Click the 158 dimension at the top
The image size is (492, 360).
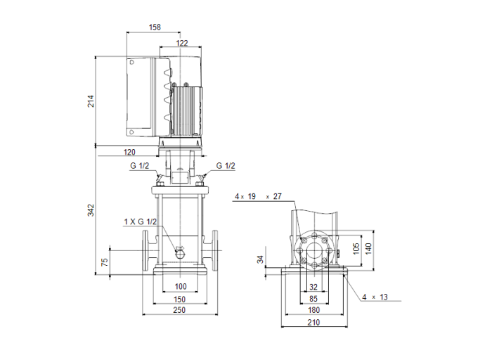(x=155, y=27)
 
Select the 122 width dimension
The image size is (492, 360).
(x=181, y=44)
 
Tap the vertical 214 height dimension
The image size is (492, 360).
(x=91, y=101)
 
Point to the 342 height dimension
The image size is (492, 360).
(x=91, y=210)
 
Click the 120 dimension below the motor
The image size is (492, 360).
(x=129, y=152)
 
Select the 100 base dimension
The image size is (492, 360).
(x=181, y=287)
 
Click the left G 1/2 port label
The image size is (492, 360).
(x=138, y=166)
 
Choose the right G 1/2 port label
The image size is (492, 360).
(x=225, y=166)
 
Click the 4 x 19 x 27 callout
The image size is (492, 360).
(x=257, y=197)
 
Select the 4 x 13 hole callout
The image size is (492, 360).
(x=375, y=297)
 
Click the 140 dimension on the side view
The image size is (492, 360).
(x=368, y=248)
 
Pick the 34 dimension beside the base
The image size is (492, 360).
(x=261, y=259)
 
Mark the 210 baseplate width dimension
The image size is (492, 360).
(x=313, y=323)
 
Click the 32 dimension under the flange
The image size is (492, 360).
(x=313, y=287)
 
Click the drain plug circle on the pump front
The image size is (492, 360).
(x=179, y=250)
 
